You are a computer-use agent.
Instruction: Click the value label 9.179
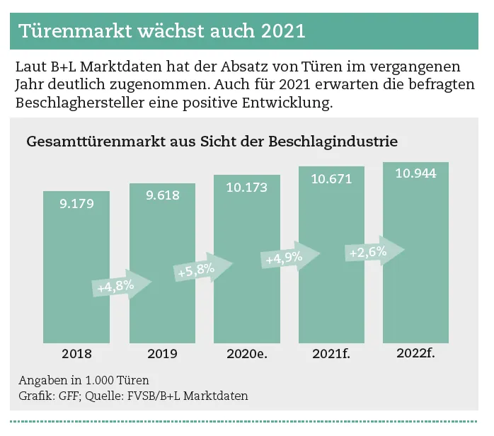click(x=76, y=203)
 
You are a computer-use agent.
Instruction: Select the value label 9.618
click(x=162, y=195)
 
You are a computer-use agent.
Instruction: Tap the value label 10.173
click(x=247, y=188)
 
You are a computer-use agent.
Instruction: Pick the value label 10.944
click(x=415, y=173)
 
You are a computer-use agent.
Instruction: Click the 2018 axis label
click(x=76, y=353)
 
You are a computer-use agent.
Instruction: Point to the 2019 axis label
click(x=162, y=353)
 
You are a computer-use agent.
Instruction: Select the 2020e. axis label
click(x=247, y=353)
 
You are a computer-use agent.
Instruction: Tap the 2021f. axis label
click(x=331, y=353)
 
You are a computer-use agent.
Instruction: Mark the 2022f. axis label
click(x=415, y=352)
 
